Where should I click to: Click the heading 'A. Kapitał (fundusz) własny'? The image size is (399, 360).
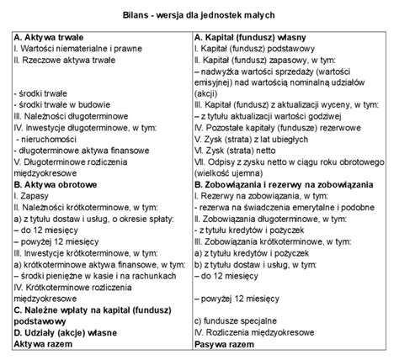255,39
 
